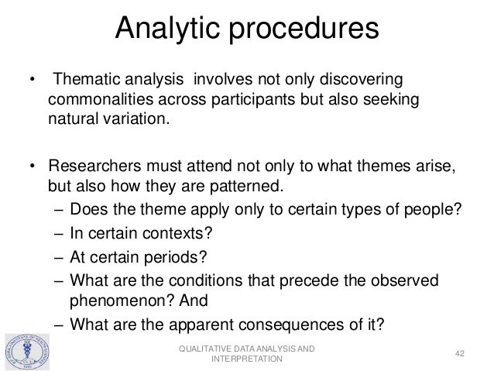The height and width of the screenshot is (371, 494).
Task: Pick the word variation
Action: point(135,121)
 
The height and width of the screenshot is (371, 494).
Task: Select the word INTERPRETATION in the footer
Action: point(246,360)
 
